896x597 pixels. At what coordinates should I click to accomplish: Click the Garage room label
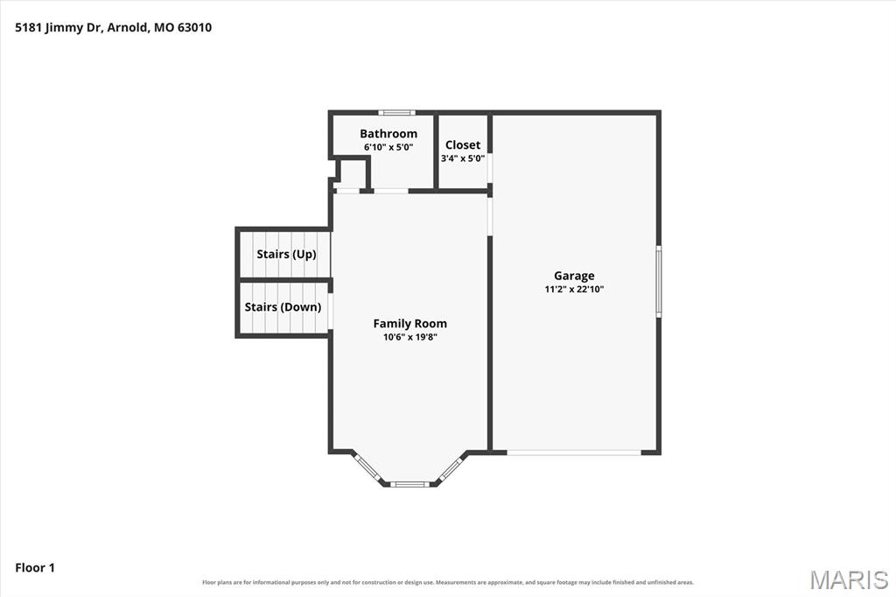point(574,276)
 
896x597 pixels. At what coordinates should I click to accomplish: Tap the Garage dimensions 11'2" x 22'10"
point(574,290)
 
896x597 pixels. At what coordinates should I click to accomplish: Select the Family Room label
point(409,324)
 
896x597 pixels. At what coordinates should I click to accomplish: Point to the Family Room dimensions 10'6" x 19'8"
point(409,337)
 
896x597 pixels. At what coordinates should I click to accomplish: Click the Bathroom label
point(388,134)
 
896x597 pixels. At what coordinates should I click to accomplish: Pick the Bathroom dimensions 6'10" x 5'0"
point(388,147)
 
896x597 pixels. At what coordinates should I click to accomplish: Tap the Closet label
point(463,144)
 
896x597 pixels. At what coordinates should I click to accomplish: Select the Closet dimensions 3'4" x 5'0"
point(463,158)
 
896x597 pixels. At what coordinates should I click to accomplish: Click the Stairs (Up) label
point(286,254)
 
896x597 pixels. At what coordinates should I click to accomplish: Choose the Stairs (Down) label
point(283,307)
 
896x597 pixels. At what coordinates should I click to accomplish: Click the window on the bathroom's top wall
point(396,113)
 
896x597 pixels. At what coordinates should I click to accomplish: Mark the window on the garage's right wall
point(658,281)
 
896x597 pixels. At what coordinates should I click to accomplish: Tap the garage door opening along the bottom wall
point(574,453)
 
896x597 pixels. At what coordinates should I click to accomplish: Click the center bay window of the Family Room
point(409,484)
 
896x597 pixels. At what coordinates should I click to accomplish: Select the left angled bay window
point(367,467)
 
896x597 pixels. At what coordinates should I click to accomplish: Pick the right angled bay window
point(452,467)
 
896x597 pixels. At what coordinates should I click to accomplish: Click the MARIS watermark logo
point(849,579)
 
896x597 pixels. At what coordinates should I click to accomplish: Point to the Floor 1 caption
point(35,568)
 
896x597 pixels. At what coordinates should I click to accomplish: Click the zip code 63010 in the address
point(194,27)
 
